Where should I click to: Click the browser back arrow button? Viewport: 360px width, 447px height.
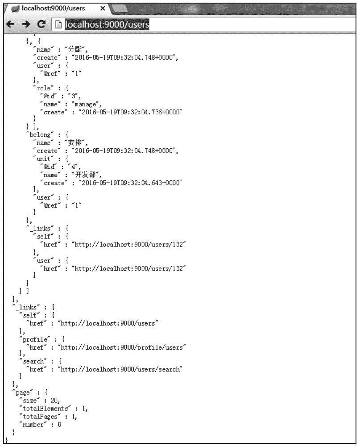pyautogui.click(x=9, y=25)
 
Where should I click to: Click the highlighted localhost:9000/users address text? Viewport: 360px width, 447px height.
pyautogui.click(x=107, y=25)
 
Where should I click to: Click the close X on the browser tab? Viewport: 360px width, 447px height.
pyautogui.click(x=102, y=8)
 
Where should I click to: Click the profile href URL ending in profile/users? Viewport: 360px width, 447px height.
pyautogui.click(x=123, y=347)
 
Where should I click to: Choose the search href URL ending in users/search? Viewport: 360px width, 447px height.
pyautogui.click(x=121, y=369)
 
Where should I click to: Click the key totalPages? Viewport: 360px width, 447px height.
pyautogui.click(x=40, y=416)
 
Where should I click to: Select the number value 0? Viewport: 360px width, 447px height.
pyautogui.click(x=59, y=424)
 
